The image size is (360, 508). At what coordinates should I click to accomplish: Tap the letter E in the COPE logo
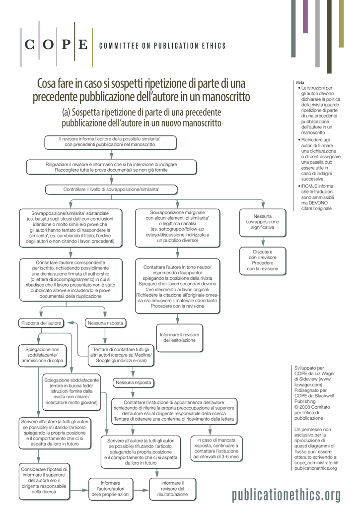83,45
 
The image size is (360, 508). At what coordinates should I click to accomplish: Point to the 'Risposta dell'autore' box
41,323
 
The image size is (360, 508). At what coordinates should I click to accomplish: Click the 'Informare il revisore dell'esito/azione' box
179,337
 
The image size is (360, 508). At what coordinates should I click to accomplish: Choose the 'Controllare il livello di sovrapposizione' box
111,190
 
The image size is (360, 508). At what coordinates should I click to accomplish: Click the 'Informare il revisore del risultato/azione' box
172,489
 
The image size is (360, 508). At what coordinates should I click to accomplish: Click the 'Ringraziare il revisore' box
111,167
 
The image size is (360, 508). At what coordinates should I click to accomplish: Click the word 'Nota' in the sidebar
300,82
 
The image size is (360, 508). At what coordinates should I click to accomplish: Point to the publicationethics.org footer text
287,495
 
